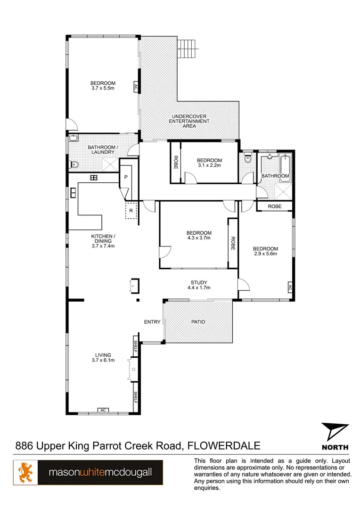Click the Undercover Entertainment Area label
click(189, 121)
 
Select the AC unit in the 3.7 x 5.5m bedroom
click(136, 87)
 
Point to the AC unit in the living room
click(103, 410)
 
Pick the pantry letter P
click(126, 177)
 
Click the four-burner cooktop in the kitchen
click(93, 178)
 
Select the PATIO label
click(198, 322)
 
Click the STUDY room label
click(198, 283)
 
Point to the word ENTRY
click(152, 322)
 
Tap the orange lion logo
click(25, 473)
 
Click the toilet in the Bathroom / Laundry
click(74, 165)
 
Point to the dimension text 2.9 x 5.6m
click(265, 254)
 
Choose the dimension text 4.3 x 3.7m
click(198, 238)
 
